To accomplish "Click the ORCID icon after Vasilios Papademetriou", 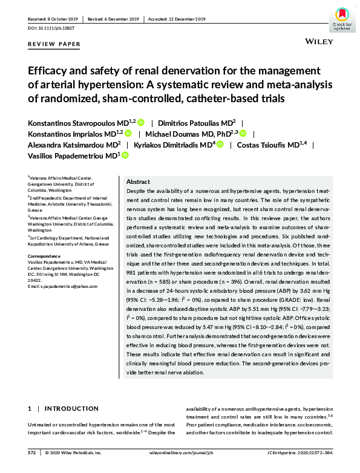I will tap(126, 156).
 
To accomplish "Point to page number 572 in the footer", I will tap(32, 452).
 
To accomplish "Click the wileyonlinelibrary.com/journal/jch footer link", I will tap(183, 452).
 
